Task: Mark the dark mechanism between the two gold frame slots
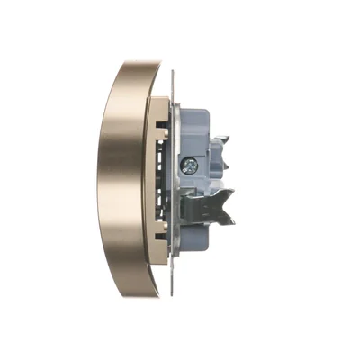(166, 180)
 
